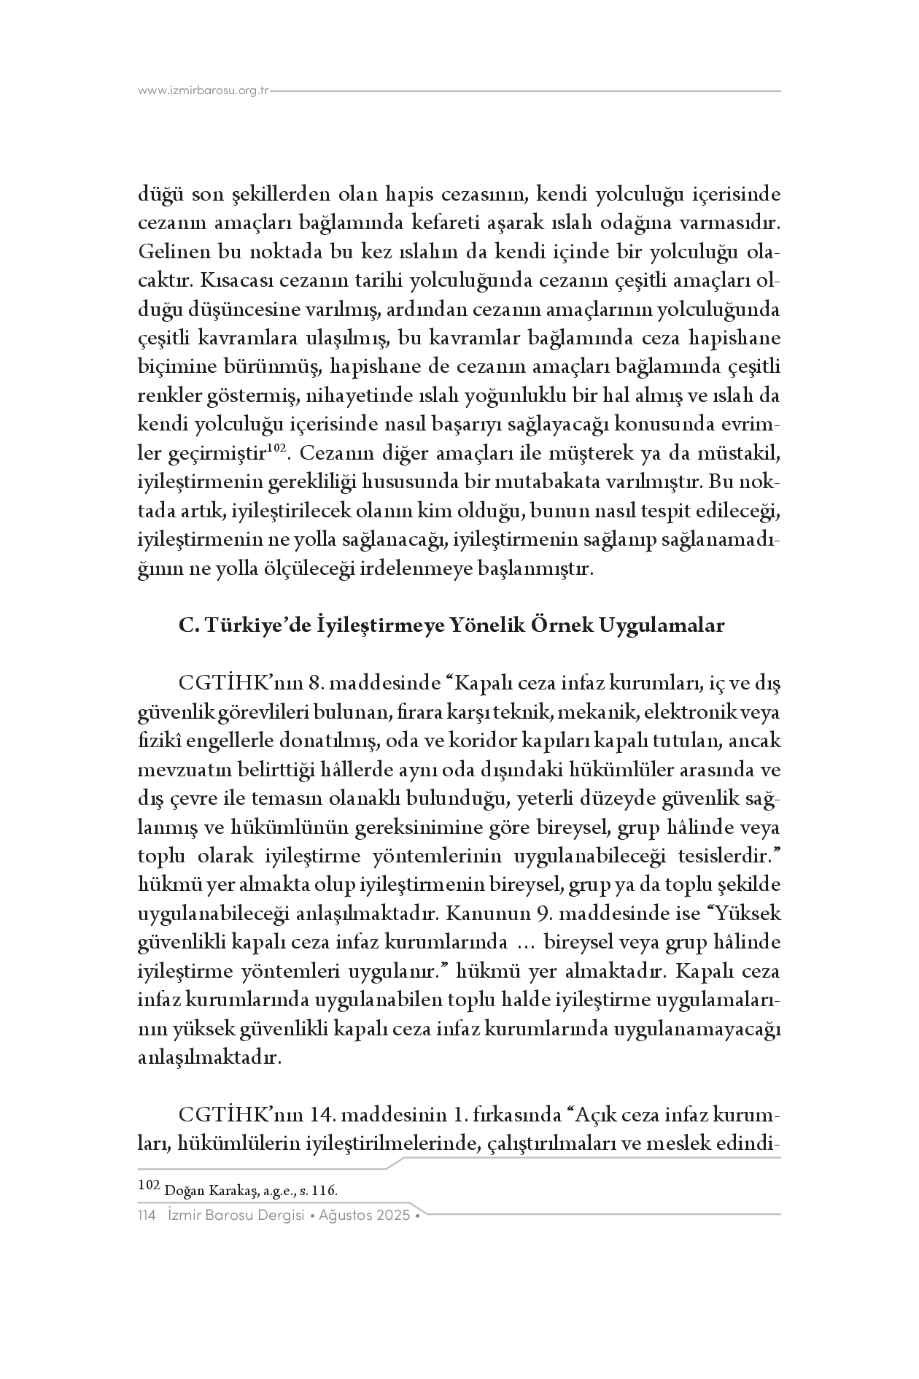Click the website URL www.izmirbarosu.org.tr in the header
(x=203, y=91)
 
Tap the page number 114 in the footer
(x=147, y=1216)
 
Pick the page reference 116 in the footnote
(x=323, y=1191)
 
